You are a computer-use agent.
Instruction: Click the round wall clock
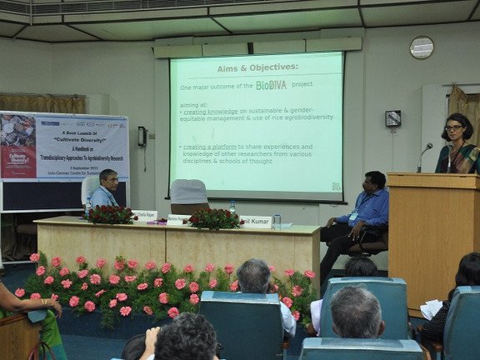click(x=421, y=47)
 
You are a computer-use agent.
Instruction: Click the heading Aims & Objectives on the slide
click(x=257, y=68)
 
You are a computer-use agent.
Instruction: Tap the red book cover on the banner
click(x=17, y=157)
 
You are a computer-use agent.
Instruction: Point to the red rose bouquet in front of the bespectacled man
click(x=112, y=214)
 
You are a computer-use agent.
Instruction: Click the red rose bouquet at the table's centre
click(x=213, y=218)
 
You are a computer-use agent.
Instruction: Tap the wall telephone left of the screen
click(x=142, y=137)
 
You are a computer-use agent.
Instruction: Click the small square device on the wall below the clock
click(x=392, y=118)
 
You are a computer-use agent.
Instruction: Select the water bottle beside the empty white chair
click(x=232, y=207)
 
